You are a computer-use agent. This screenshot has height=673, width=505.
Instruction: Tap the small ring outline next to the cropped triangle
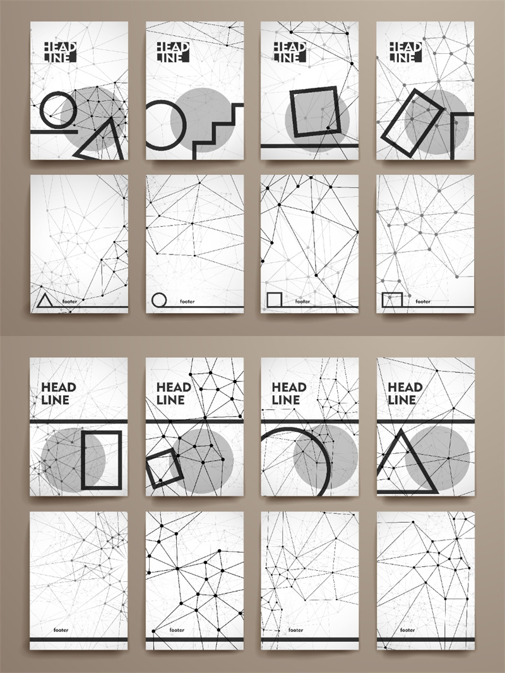click(x=40, y=110)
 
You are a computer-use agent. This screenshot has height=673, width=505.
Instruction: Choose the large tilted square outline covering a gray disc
click(x=292, y=112)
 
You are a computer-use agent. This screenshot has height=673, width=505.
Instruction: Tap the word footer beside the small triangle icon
click(x=69, y=301)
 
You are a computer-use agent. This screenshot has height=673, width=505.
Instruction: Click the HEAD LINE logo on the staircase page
click(x=173, y=52)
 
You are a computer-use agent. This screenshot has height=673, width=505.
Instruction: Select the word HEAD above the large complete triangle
click(x=405, y=388)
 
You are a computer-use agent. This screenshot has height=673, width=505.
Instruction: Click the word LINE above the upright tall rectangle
click(x=55, y=400)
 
